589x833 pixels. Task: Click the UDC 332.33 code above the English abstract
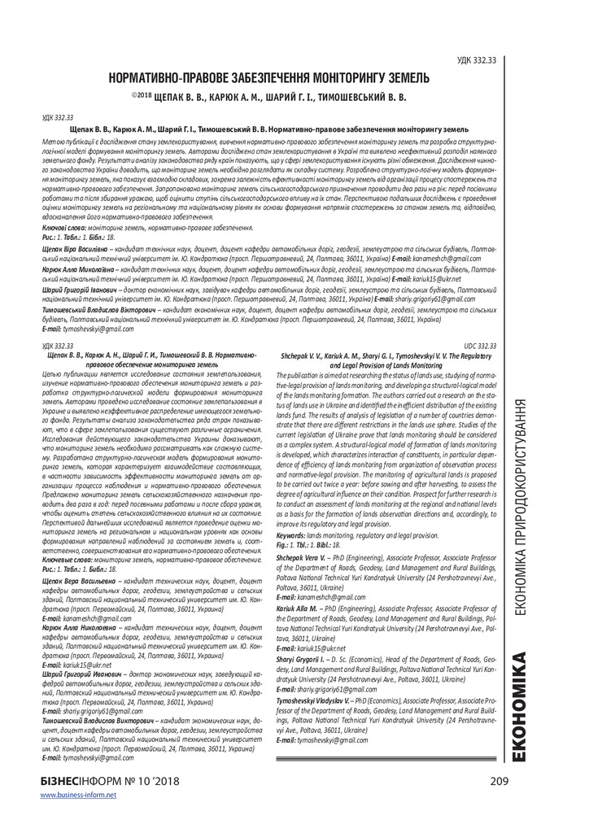tap(480, 346)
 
